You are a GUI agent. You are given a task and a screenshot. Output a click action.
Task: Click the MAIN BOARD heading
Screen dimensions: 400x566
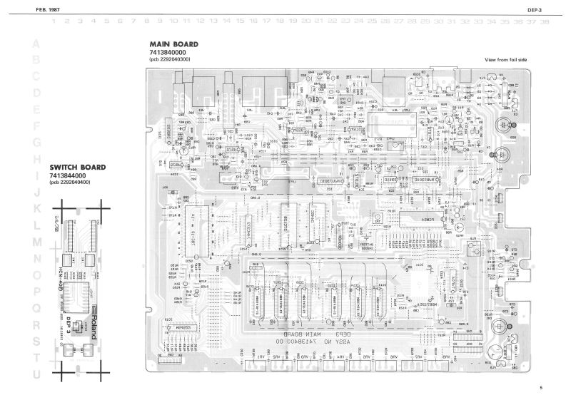coord(173,44)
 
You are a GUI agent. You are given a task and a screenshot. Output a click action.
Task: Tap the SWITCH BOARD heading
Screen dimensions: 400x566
coord(77,168)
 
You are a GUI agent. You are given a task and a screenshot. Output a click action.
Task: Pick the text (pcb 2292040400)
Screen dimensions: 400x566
coord(69,183)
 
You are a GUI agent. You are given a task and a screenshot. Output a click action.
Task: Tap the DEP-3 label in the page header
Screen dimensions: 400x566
coord(537,11)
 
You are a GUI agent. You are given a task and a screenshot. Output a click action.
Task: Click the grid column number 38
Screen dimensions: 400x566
coord(545,22)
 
